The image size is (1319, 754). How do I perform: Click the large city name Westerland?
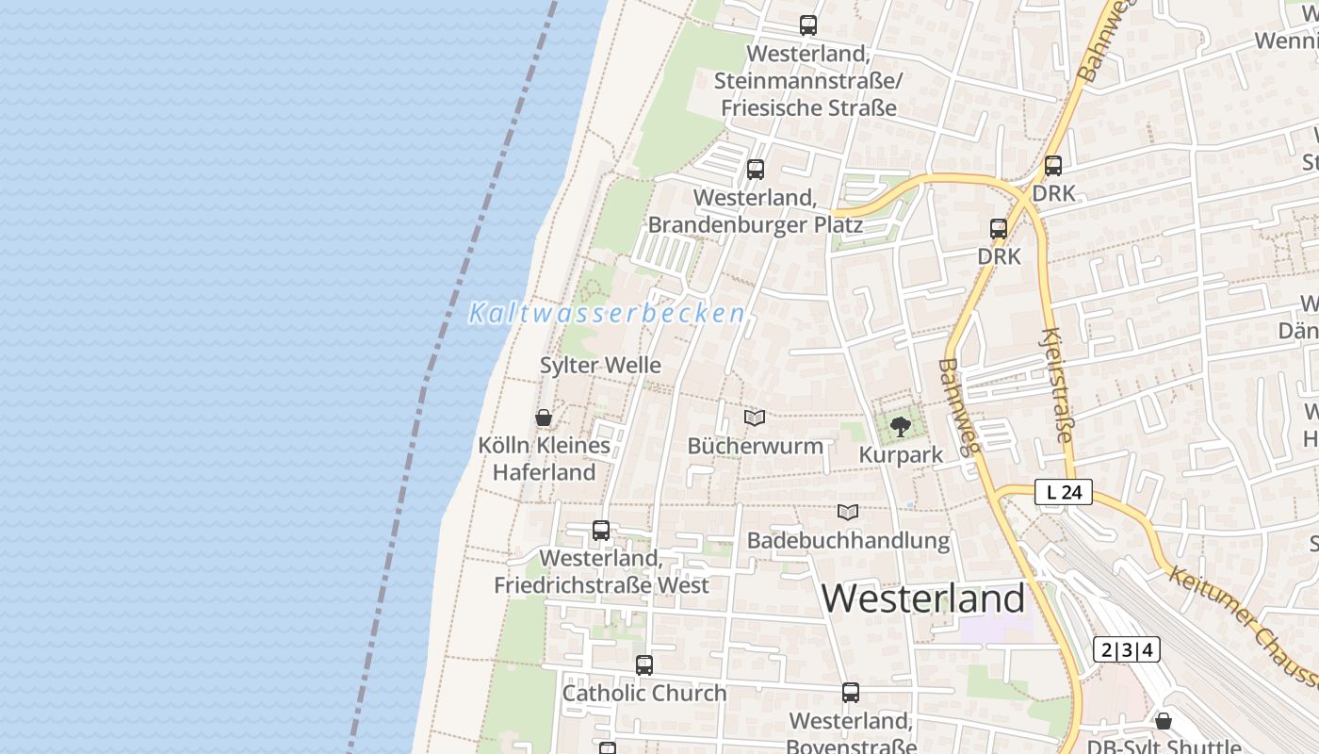[x=923, y=598]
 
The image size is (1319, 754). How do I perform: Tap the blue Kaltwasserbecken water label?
[x=608, y=314]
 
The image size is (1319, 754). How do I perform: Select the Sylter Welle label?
[x=600, y=366]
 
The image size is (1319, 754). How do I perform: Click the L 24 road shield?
[x=1064, y=492]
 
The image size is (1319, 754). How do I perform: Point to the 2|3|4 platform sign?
[x=1127, y=649]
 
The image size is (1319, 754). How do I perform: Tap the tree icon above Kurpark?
[x=901, y=426]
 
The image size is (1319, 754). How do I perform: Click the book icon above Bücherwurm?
[x=755, y=418]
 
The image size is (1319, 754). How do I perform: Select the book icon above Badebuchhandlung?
[x=848, y=512]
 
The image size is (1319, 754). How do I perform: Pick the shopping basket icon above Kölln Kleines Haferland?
[x=544, y=417]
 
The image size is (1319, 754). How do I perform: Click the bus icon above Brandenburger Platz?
[x=755, y=170]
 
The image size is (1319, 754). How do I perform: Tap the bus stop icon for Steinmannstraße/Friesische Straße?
[x=807, y=25]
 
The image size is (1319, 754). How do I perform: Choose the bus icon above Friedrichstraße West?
[x=601, y=531]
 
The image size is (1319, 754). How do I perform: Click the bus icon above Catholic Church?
[x=644, y=665]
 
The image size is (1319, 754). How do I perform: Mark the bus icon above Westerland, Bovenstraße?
[x=851, y=693]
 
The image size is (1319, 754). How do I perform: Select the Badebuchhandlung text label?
[x=848, y=540]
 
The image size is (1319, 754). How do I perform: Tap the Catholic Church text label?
[x=644, y=694]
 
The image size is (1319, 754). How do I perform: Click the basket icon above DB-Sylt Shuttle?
[x=1164, y=721]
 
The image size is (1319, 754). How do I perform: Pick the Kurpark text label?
[x=901, y=455]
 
